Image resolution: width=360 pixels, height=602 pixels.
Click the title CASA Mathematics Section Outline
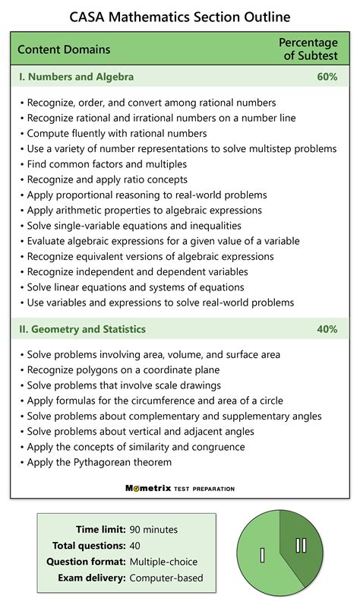pos(180,16)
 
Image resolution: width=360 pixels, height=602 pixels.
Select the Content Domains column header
pos(64,50)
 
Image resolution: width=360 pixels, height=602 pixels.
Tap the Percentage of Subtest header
pos(307,50)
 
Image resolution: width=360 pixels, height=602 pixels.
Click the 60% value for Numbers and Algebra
pos(327,78)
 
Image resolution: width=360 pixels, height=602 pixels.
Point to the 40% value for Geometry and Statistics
pos(327,330)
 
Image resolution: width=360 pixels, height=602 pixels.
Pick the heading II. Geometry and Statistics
pos(82,330)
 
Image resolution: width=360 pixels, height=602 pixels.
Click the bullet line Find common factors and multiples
pos(106,164)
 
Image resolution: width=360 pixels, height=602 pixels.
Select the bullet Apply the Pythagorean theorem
pos(99,462)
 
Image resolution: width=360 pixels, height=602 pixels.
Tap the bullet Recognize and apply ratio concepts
pos(107,179)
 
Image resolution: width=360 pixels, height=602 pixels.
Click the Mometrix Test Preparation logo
pos(180,489)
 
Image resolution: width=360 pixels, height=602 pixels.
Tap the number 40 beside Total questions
pos(135,546)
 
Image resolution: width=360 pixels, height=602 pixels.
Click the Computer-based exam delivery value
pos(166,578)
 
